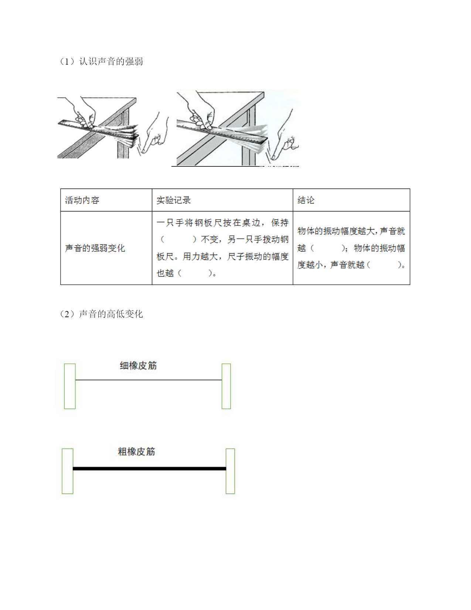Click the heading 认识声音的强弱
pyautogui.click(x=111, y=61)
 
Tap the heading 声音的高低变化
pyautogui.click(x=111, y=314)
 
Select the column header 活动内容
pyautogui.click(x=82, y=200)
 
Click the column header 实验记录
pyautogui.click(x=174, y=200)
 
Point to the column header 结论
pyautogui.click(x=306, y=200)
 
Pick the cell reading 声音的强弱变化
pyautogui.click(x=95, y=248)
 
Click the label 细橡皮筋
pyautogui.click(x=138, y=366)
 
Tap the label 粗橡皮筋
pyautogui.click(x=136, y=452)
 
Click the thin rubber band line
pyautogui.click(x=149, y=380)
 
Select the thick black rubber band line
pyautogui.click(x=150, y=468)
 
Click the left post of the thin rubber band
pyautogui.click(x=70, y=386)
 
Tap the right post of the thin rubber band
pyautogui.click(x=226, y=386)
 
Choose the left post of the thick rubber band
pyautogui.click(x=68, y=471)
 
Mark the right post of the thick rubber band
pyautogui.click(x=230, y=471)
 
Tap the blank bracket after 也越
pyautogui.click(x=195, y=273)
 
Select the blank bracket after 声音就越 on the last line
pyautogui.click(x=385, y=265)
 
